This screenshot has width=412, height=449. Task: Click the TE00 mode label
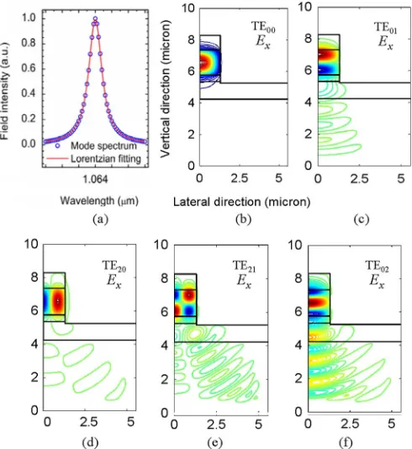[x=263, y=27]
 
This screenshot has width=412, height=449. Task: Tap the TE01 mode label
[x=386, y=28]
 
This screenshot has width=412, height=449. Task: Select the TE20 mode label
[x=114, y=266]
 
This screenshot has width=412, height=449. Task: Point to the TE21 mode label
[x=244, y=266]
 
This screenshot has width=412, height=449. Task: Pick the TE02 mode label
[x=377, y=266]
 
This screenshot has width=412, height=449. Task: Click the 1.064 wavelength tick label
[x=95, y=179]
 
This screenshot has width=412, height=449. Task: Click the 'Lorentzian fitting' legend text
[x=106, y=158]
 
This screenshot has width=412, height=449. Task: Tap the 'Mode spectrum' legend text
[x=103, y=145]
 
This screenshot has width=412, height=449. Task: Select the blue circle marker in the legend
[x=57, y=145]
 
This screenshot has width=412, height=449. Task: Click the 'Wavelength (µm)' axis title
[x=99, y=201]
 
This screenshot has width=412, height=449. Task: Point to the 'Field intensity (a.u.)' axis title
[x=5, y=92]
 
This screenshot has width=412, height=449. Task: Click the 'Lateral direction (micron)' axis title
[x=241, y=202]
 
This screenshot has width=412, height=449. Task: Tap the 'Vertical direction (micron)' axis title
[x=165, y=89]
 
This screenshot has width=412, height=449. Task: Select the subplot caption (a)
[x=101, y=219]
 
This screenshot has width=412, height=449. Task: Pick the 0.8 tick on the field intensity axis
[x=29, y=43]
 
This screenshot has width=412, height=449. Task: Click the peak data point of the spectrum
[x=95, y=18]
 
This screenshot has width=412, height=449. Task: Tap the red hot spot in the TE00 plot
[x=203, y=62]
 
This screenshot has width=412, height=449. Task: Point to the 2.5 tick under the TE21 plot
[x=216, y=424]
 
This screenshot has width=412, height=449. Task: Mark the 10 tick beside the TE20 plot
[x=31, y=244]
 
